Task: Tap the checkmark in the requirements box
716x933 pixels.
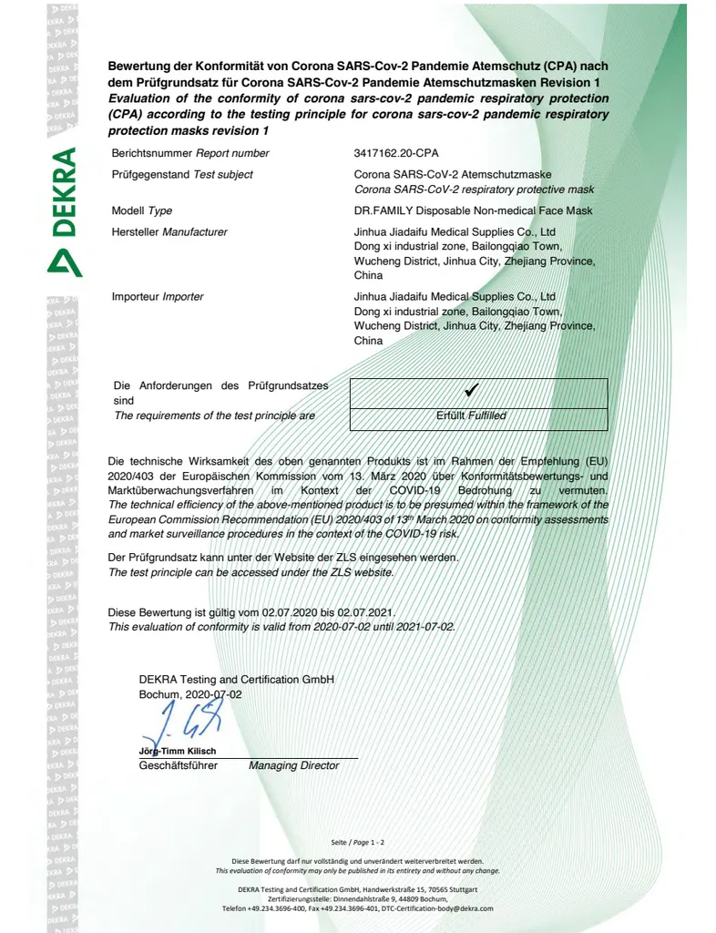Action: point(471,390)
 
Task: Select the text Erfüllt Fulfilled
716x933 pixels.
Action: point(471,415)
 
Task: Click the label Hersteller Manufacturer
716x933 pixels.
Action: point(169,231)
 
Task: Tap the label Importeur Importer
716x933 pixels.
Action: point(157,296)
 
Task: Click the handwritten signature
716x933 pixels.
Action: point(182,725)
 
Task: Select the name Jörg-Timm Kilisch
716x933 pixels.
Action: point(178,751)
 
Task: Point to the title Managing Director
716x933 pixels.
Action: point(293,765)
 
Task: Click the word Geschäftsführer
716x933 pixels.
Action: point(178,765)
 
